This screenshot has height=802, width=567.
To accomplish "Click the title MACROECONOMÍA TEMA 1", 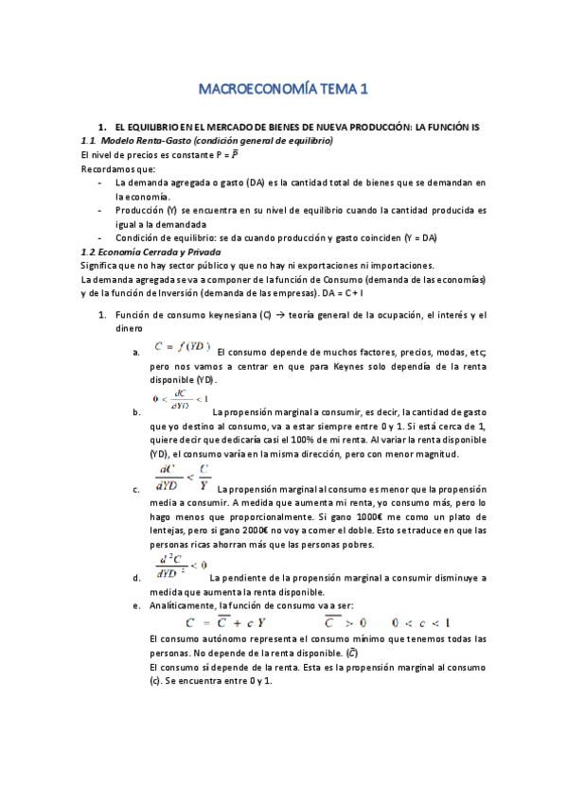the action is [x=283, y=90].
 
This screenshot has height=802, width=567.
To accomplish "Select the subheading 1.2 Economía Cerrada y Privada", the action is [x=151, y=253].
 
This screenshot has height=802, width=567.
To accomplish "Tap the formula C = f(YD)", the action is [x=182, y=347].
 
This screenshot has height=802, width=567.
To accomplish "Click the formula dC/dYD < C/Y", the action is [x=185, y=476].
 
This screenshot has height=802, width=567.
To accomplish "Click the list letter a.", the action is [x=138, y=354].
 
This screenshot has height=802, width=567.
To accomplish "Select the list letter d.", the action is [x=138, y=577].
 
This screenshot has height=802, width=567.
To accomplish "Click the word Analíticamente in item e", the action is [x=183, y=603].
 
